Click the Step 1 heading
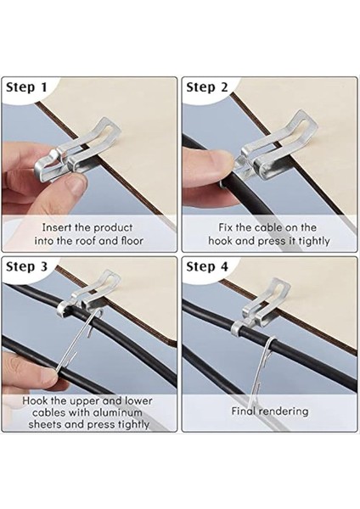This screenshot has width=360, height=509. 26,87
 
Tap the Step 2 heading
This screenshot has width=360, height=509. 207,87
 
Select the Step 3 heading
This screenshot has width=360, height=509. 26,267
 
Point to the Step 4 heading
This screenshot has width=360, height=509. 207,267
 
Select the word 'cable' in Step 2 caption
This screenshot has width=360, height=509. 268,227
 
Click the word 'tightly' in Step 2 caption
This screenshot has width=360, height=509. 314,242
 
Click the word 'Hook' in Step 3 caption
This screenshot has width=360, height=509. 35,400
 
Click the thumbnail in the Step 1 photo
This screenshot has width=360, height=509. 76,182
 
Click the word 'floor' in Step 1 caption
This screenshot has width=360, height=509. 132,241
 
